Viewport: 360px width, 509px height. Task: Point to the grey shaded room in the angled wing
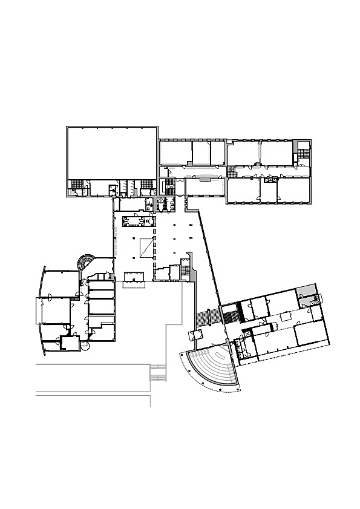point(307,290)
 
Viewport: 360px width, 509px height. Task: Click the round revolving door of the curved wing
point(84,349)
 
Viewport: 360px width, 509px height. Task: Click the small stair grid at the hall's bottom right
point(186,271)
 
